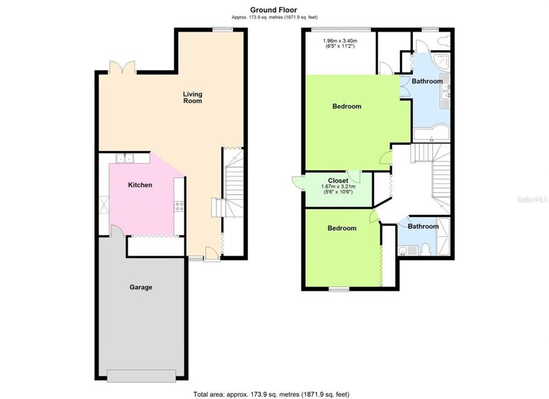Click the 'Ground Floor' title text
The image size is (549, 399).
pyautogui.click(x=273, y=10)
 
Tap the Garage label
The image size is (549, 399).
pyautogui.click(x=141, y=287)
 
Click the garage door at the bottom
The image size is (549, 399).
pyautogui.click(x=141, y=376)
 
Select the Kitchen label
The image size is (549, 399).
pyautogui.click(x=140, y=185)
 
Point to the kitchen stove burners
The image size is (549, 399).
pyautogui.click(x=179, y=207)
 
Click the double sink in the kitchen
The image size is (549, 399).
pyautogui.click(x=125, y=159)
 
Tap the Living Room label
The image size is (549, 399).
pyautogui.click(x=192, y=98)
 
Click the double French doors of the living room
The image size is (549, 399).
pyautogui.click(x=122, y=67)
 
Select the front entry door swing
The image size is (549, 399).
pyautogui.click(x=212, y=253)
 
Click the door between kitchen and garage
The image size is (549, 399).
pyautogui.click(x=117, y=231)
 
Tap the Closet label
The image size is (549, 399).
pyautogui.click(x=338, y=181)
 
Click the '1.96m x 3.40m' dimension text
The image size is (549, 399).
pyautogui.click(x=339, y=41)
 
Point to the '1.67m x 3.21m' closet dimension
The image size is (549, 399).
pyautogui.click(x=338, y=187)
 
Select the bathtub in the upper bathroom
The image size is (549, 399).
pyautogui.click(x=432, y=133)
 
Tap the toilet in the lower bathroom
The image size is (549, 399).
pyautogui.click(x=426, y=249)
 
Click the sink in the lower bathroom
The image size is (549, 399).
pyautogui.click(x=403, y=251)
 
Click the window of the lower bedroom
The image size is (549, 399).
pyautogui.click(x=339, y=289)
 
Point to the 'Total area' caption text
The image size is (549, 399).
pyautogui.click(x=271, y=394)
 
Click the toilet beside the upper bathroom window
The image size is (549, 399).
pyautogui.click(x=442, y=41)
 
